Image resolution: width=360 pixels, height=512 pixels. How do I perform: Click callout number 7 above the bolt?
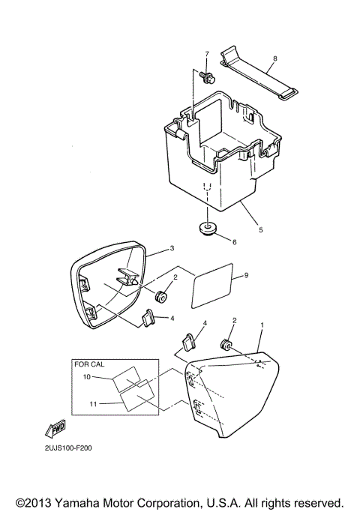pos(206,55)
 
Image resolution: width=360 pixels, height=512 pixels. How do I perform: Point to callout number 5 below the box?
pos(260,230)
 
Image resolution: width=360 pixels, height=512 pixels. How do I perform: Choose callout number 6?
pos(233,242)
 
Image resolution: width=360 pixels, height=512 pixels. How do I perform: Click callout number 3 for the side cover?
pos(172,248)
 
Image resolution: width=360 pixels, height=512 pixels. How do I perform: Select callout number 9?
pos(246,276)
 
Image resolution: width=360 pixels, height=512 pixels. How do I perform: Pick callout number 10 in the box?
pos(86,376)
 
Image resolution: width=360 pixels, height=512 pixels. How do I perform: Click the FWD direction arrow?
pos(56,429)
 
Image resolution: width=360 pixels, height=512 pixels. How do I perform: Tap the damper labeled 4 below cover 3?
pos(148,321)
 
